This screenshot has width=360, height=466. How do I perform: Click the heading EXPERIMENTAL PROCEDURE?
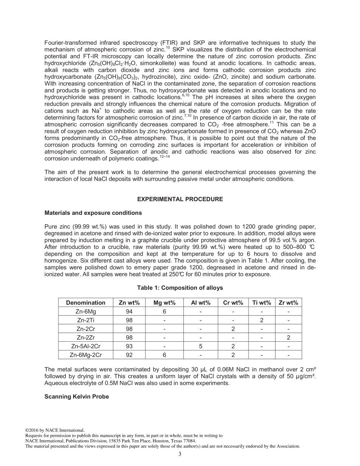click(180, 199)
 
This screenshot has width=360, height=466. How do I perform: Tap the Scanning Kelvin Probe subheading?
click(77, 397)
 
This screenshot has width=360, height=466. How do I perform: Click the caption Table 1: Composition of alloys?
click(180, 288)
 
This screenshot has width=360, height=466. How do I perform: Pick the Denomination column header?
click(86, 302)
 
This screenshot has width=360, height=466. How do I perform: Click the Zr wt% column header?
click(288, 302)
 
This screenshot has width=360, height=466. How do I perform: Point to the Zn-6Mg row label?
click(86, 311)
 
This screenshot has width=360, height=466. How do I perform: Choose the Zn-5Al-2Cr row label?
click(86, 346)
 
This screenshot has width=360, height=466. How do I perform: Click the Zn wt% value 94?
click(129, 311)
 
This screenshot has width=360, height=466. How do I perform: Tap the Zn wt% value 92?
click(129, 355)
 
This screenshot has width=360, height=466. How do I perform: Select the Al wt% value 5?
click(200, 346)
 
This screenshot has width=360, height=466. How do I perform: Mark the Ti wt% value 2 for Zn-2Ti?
click(261, 320)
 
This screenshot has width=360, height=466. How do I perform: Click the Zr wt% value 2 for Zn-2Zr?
click(288, 338)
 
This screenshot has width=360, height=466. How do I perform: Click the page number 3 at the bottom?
click(180, 454)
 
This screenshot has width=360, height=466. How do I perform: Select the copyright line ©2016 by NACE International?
click(55, 430)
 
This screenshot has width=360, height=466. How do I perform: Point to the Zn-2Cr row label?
click(86, 329)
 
